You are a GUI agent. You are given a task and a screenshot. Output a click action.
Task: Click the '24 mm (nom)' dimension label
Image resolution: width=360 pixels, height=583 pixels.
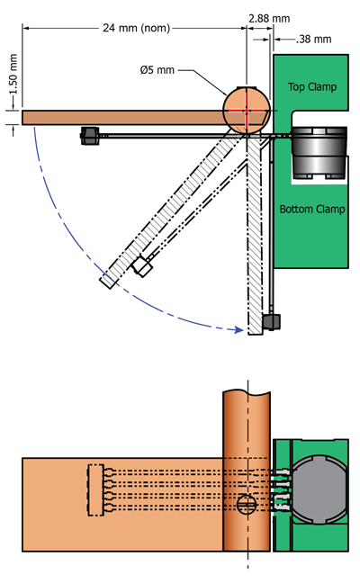pos(134,27)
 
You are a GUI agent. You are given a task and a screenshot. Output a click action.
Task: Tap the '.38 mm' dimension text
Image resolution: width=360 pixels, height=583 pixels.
pos(313,39)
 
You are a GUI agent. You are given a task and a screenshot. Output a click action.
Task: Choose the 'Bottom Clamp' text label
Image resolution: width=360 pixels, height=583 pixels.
pos(311,210)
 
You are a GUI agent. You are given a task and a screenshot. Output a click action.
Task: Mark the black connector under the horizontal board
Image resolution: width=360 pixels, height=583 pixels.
pos(89,136)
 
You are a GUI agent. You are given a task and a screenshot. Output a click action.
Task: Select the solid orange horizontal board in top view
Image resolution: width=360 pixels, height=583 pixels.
pos(117,118)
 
